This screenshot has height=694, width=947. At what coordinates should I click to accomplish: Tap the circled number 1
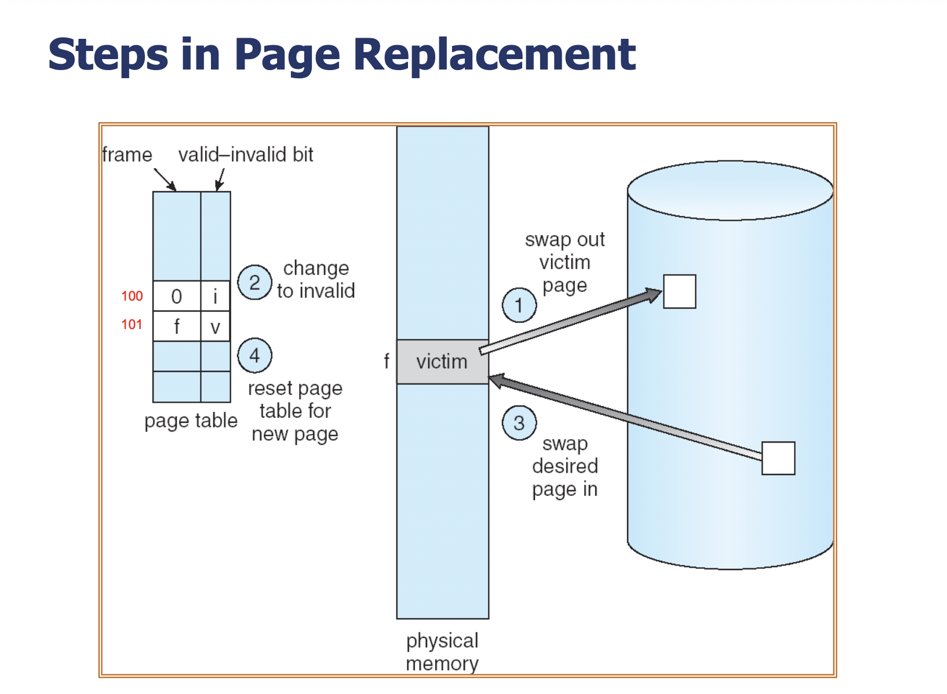pyautogui.click(x=519, y=305)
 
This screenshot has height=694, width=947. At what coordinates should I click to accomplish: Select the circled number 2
pyautogui.click(x=254, y=282)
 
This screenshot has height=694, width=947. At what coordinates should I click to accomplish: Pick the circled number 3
pyautogui.click(x=519, y=423)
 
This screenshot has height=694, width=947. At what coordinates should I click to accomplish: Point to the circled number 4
pyautogui.click(x=254, y=356)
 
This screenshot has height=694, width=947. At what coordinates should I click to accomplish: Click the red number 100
pyautogui.click(x=132, y=296)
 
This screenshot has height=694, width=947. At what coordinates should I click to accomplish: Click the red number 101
pyautogui.click(x=132, y=324)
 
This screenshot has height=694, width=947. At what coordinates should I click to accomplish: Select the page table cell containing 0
pyautogui.click(x=177, y=296)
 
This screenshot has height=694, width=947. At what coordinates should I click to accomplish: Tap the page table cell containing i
pyautogui.click(x=215, y=296)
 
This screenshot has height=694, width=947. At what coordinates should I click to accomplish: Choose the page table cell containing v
pyautogui.click(x=215, y=326)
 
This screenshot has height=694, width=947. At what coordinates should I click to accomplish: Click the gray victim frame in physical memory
pyautogui.click(x=443, y=362)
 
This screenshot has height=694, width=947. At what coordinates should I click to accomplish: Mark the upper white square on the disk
pyautogui.click(x=679, y=291)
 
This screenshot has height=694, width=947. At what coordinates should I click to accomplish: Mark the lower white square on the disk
pyautogui.click(x=778, y=458)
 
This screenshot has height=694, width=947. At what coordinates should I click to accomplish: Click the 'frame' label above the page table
pyautogui.click(x=127, y=155)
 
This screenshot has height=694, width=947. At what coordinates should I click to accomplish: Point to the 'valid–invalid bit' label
pyautogui.click(x=246, y=155)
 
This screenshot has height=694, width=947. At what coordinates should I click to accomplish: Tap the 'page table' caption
pyautogui.click(x=191, y=421)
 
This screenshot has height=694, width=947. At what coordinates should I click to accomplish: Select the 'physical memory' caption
pyautogui.click(x=442, y=652)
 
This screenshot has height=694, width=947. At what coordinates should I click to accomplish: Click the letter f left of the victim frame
pyautogui.click(x=387, y=362)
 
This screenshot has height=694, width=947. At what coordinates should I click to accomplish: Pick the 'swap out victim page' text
pyautogui.click(x=565, y=262)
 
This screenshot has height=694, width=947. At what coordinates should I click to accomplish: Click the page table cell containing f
pyautogui.click(x=177, y=326)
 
